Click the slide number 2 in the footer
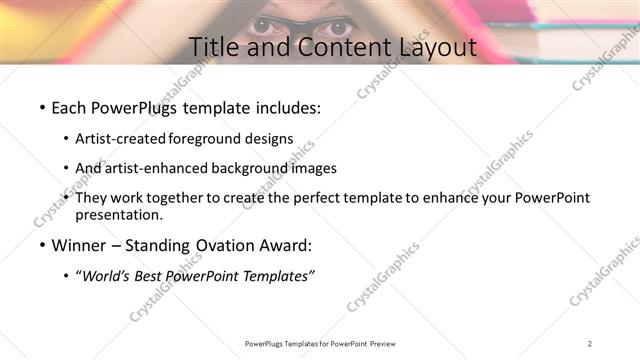coord(590,343)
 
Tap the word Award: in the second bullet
coord(289,246)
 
